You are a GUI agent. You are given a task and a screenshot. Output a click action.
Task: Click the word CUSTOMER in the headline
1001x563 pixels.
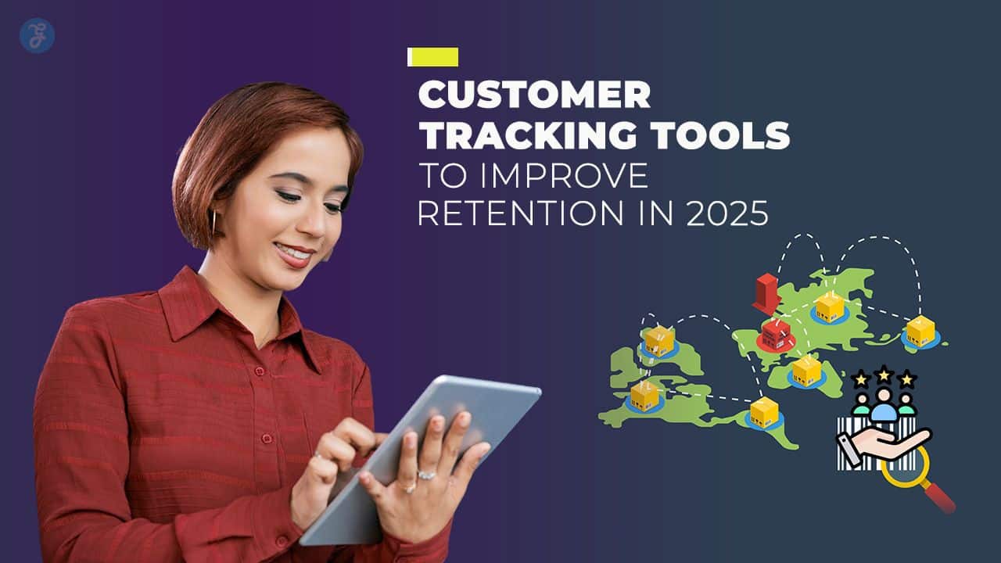coord(534,95)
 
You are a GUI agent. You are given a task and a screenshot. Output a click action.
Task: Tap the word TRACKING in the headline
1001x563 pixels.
coord(511,135)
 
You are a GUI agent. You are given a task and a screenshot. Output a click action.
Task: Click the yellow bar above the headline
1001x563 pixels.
coord(433,56)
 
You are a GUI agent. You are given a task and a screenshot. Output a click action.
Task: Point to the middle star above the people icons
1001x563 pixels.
coord(884,374)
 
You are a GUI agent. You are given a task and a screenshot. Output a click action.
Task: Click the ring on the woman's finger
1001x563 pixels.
coord(426,474)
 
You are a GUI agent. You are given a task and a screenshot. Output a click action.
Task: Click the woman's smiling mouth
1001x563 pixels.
coord(293,254)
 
